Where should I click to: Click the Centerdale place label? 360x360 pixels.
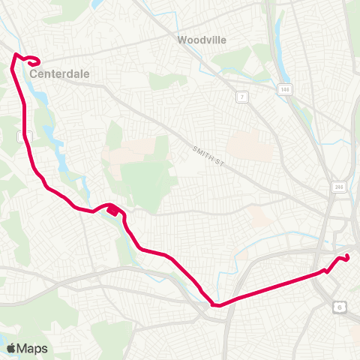click(x=55, y=75)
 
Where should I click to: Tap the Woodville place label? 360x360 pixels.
click(x=202, y=39)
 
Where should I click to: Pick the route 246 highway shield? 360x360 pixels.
click(x=339, y=187)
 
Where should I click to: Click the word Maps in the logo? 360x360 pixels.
click(x=32, y=348)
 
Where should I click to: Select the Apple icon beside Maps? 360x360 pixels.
click(x=11, y=347)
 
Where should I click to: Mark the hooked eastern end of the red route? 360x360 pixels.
click(x=346, y=258)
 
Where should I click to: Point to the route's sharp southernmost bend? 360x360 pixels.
click(x=215, y=305)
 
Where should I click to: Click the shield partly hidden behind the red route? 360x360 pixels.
click(x=22, y=136)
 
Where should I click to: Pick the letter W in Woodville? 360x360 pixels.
click(x=182, y=39)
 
